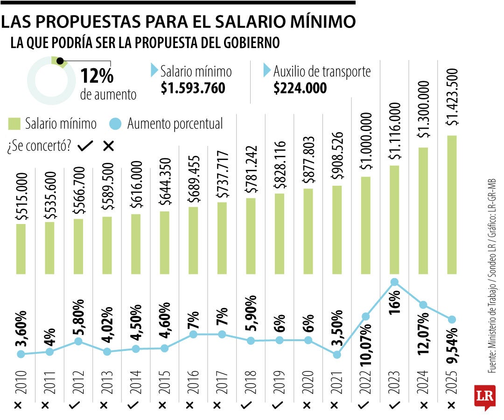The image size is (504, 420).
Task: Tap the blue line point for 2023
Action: (x=394, y=282)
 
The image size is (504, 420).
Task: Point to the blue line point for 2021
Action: (x=337, y=355)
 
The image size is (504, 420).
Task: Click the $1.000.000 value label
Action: (x=365, y=142)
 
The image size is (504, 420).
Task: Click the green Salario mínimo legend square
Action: (x=14, y=124)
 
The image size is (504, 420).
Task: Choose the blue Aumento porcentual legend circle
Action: (x=116, y=124)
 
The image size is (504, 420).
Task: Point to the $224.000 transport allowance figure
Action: (x=300, y=88)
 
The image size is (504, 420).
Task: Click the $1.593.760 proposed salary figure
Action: (x=193, y=88)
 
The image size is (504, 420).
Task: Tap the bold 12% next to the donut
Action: (x=97, y=76)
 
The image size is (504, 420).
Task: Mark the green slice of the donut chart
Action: (x=59, y=62)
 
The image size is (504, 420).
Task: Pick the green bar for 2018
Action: (x=251, y=236)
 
